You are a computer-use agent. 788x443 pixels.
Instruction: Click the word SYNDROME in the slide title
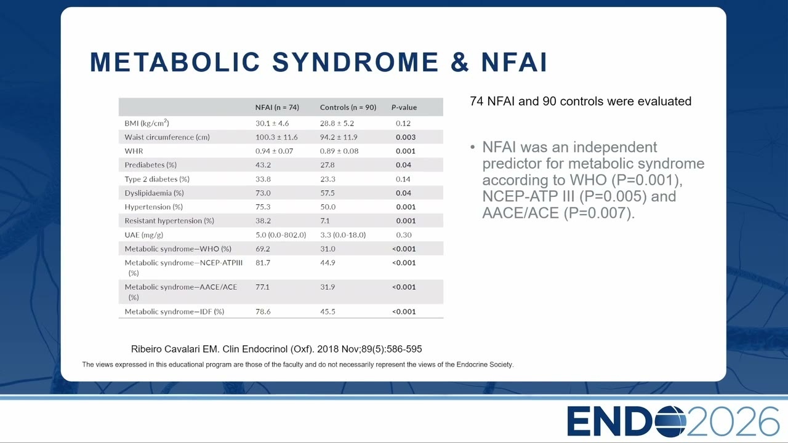(x=355, y=62)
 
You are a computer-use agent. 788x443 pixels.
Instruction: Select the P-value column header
(x=404, y=107)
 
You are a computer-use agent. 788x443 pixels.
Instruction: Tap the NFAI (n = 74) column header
(x=277, y=107)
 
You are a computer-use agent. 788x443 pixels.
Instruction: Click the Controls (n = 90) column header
(x=348, y=107)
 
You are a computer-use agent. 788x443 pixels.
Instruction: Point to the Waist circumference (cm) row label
(x=167, y=137)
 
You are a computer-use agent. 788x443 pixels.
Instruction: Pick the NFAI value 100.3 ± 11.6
(x=276, y=137)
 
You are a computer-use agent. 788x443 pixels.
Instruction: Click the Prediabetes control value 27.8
(x=327, y=165)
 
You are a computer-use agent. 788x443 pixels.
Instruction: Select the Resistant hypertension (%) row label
(x=169, y=221)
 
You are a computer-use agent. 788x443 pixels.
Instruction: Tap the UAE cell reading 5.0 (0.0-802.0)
(x=281, y=235)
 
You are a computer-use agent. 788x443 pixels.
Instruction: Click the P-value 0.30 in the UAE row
(x=403, y=235)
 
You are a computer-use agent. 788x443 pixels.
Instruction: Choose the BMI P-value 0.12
(x=403, y=124)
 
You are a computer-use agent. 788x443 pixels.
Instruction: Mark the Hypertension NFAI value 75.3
(x=263, y=207)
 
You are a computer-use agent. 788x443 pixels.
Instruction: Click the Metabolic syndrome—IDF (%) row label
(x=174, y=311)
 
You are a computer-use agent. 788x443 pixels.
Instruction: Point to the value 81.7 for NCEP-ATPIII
(x=263, y=263)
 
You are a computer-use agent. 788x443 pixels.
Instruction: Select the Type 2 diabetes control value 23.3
(x=328, y=179)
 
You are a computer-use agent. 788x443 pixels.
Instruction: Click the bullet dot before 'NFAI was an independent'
(x=472, y=147)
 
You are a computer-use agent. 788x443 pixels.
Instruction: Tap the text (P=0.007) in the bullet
(x=598, y=213)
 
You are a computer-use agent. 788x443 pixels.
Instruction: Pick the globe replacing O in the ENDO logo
(x=670, y=421)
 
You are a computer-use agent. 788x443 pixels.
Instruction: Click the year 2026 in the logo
(x=733, y=421)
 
